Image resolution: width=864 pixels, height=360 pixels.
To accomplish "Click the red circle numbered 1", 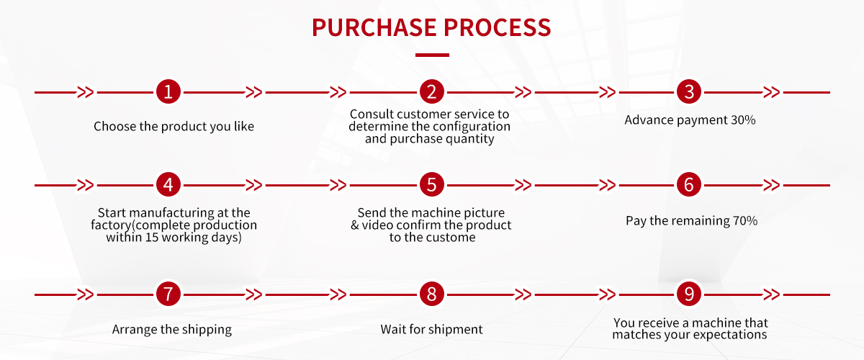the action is pyautogui.click(x=168, y=92).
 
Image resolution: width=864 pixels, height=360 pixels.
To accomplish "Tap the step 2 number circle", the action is pyautogui.click(x=431, y=92).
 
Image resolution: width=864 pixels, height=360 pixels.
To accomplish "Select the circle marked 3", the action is pyautogui.click(x=689, y=92).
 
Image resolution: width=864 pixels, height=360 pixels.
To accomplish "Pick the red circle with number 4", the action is pyautogui.click(x=168, y=185).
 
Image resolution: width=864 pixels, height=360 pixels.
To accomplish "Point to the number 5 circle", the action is pyautogui.click(x=431, y=185).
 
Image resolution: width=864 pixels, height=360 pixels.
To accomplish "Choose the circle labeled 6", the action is pyautogui.click(x=689, y=185).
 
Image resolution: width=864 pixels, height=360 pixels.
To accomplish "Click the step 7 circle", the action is pyautogui.click(x=168, y=294).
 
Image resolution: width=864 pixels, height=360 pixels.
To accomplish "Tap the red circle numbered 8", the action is pyautogui.click(x=431, y=294).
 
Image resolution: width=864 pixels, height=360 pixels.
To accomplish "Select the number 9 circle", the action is pyautogui.click(x=689, y=294).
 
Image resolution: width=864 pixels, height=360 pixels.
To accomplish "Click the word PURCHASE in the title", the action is pyautogui.click(x=374, y=27).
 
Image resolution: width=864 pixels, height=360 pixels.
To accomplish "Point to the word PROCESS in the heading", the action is pyautogui.click(x=498, y=27).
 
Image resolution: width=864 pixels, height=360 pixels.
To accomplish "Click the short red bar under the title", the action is pyautogui.click(x=432, y=55).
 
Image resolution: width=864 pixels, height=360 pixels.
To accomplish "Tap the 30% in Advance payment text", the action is pyautogui.click(x=743, y=120).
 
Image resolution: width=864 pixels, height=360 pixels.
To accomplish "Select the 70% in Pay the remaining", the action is pyautogui.click(x=745, y=221).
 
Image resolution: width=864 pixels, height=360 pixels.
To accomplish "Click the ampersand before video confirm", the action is pyautogui.click(x=355, y=225).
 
